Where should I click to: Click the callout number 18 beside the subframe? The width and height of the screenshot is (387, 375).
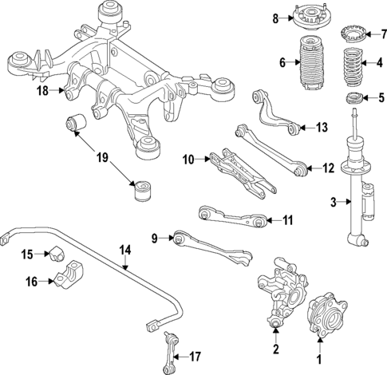pyautogui.click(x=41, y=91)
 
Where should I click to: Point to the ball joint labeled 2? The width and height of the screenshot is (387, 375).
pyautogui.click(x=275, y=322)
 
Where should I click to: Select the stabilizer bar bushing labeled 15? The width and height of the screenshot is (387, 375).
pyautogui.click(x=55, y=255)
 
